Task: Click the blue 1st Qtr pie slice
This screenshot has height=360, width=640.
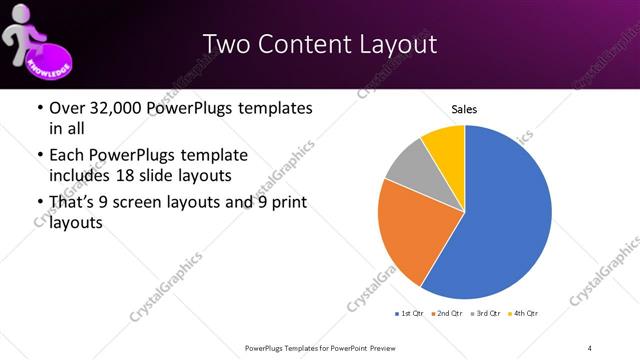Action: pyautogui.click(x=505, y=215)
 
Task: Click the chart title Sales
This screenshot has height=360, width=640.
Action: pyautogui.click(x=464, y=108)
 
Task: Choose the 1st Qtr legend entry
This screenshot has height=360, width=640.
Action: pyautogui.click(x=410, y=314)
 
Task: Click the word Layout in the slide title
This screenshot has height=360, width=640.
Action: pyautogui.click(x=396, y=44)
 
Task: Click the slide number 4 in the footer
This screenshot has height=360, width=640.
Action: pyautogui.click(x=590, y=347)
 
